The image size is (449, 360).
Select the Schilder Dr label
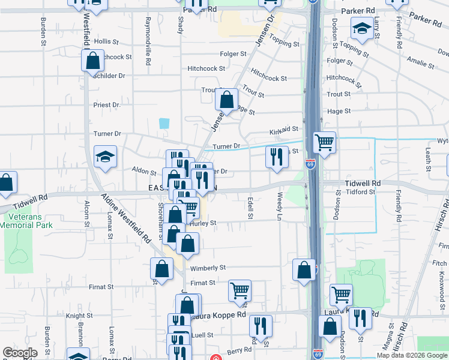[109, 76]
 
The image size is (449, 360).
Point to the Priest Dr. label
[107, 104]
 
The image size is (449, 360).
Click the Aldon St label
[145, 171]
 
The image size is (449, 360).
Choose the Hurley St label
[203, 223]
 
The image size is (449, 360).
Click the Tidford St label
[361, 192]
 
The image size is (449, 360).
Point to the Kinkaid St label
[284, 129]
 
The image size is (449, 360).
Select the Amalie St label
[420, 62]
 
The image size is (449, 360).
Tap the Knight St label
[79, 315]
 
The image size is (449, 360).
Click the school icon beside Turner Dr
[106, 158]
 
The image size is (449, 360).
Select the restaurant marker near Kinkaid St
[276, 157]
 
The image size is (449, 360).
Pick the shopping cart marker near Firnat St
[240, 291]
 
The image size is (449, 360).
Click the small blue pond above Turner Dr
[164, 124]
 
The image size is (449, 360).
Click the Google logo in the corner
[20, 353]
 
